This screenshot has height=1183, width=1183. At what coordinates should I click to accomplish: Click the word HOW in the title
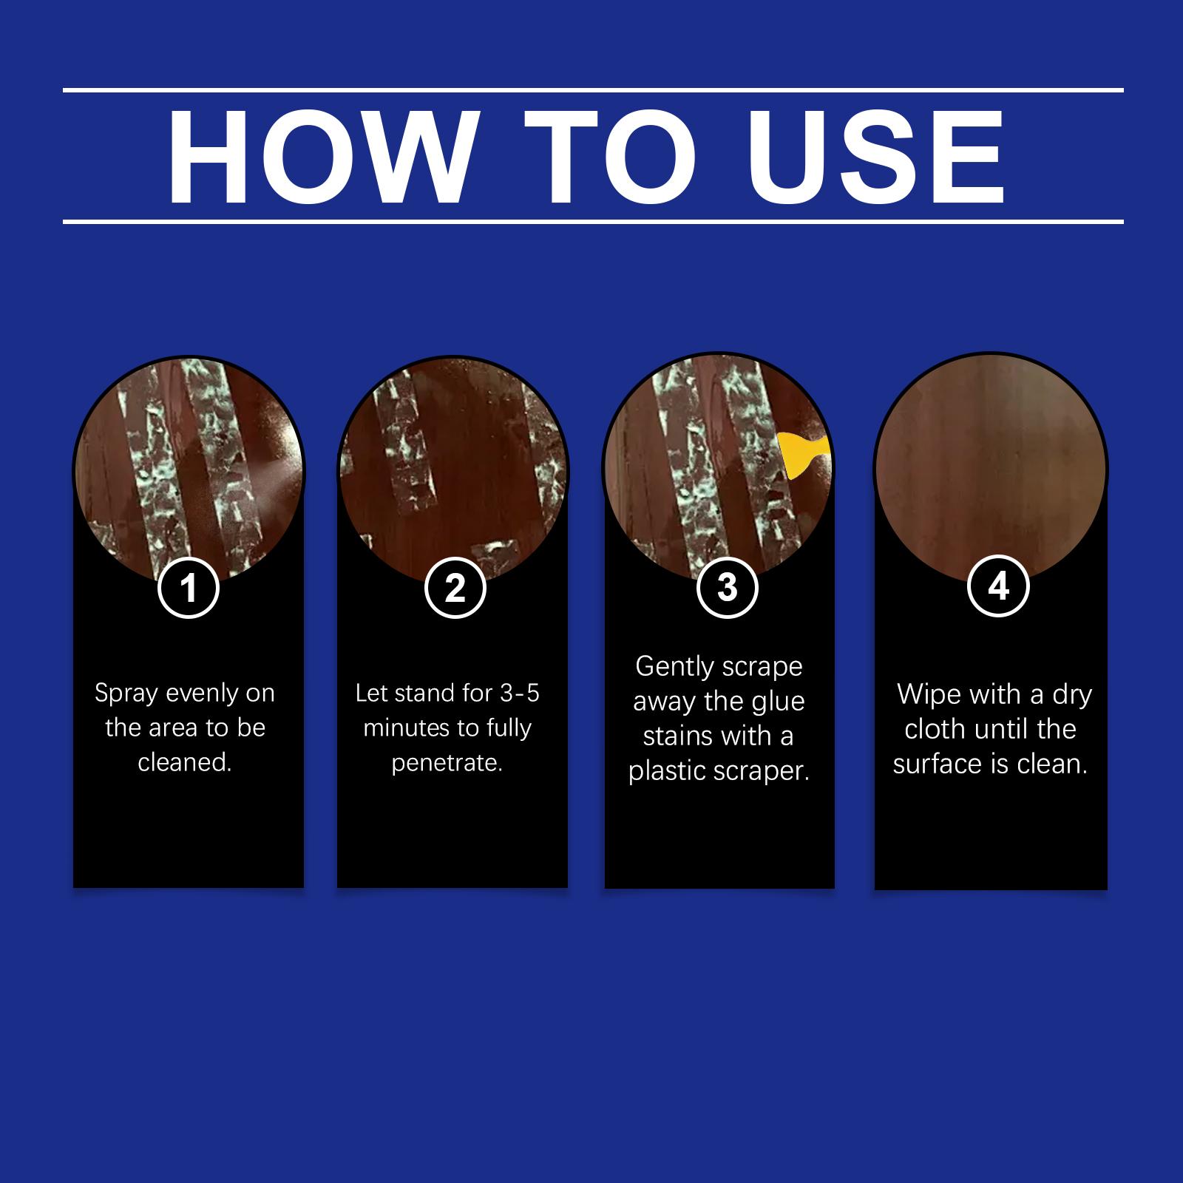click(319, 157)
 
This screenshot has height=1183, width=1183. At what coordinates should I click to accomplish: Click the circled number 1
click(189, 588)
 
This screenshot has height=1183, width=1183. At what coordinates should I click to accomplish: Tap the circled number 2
click(455, 588)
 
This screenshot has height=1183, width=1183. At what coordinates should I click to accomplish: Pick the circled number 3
click(728, 586)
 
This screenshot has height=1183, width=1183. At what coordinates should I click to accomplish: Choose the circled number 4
click(998, 586)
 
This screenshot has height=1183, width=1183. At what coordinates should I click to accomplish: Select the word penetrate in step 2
click(446, 763)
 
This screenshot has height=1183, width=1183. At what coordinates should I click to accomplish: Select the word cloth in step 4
click(937, 729)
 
